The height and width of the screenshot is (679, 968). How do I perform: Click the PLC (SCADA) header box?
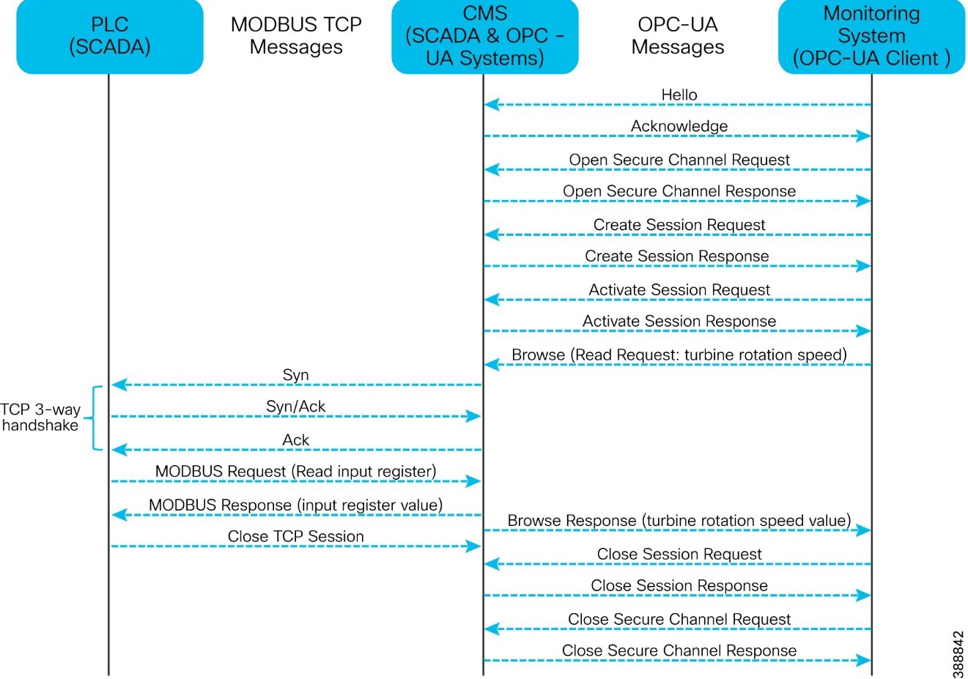[109, 36]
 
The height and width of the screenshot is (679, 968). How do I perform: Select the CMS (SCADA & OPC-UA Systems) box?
[484, 36]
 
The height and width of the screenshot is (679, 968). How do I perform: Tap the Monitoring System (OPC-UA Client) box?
[871, 36]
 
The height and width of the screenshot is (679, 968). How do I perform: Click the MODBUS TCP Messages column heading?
[296, 36]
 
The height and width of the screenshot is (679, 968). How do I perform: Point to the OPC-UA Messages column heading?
[678, 36]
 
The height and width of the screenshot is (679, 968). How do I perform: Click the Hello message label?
[679, 94]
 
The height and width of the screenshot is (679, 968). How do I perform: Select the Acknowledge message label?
[679, 126]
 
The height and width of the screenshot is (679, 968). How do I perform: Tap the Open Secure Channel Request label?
[679, 160]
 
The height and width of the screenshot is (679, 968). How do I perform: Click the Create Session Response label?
[676, 256]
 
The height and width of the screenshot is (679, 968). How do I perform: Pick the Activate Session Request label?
[679, 290]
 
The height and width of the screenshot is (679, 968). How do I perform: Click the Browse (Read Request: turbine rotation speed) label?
[679, 355]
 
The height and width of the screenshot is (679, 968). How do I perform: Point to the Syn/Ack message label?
[295, 407]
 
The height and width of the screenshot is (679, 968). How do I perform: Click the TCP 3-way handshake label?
[40, 418]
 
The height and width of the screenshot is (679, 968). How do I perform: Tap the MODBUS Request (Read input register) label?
[295, 472]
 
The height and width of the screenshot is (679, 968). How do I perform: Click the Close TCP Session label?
[295, 537]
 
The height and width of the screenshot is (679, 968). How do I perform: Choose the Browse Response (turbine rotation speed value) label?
[679, 521]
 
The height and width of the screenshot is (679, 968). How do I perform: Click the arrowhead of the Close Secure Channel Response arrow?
[864, 661]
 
